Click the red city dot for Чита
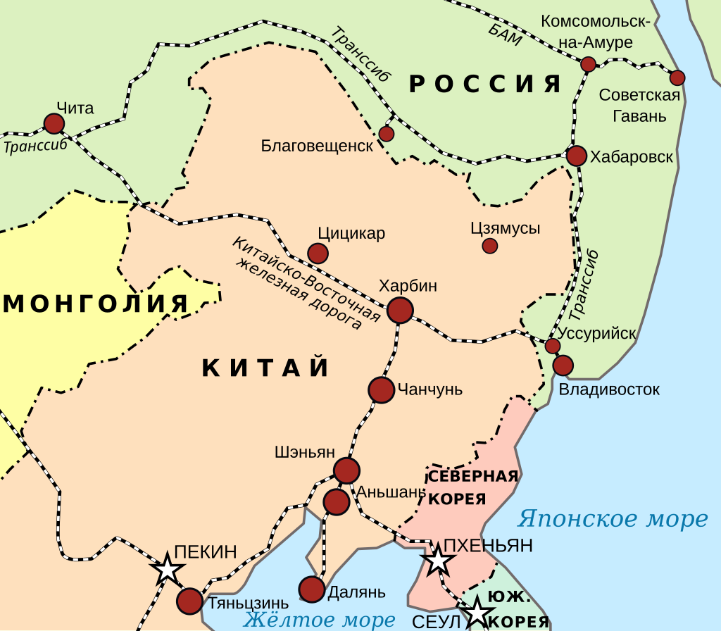pyautogui.click(x=54, y=124)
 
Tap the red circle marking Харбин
pyautogui.click(x=400, y=310)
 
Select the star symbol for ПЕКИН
pyautogui.click(x=168, y=569)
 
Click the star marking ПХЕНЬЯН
pyautogui.click(x=438, y=561)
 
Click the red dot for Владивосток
pyautogui.click(x=563, y=366)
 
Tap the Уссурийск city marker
pyautogui.click(x=553, y=346)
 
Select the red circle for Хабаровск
pyautogui.click(x=577, y=156)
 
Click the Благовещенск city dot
pyautogui.click(x=386, y=134)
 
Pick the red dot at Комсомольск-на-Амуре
pyautogui.click(x=588, y=65)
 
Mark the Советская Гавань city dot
pyautogui.click(x=677, y=77)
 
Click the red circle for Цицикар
pyautogui.click(x=318, y=254)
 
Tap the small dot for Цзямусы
pyautogui.click(x=489, y=246)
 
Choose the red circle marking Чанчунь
pyautogui.click(x=381, y=390)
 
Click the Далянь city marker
pyautogui.click(x=311, y=589)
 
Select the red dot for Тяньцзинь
pyautogui.click(x=189, y=601)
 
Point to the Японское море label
pyautogui.click(x=612, y=520)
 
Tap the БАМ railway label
pyautogui.click(x=505, y=34)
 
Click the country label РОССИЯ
pyautogui.click(x=486, y=85)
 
